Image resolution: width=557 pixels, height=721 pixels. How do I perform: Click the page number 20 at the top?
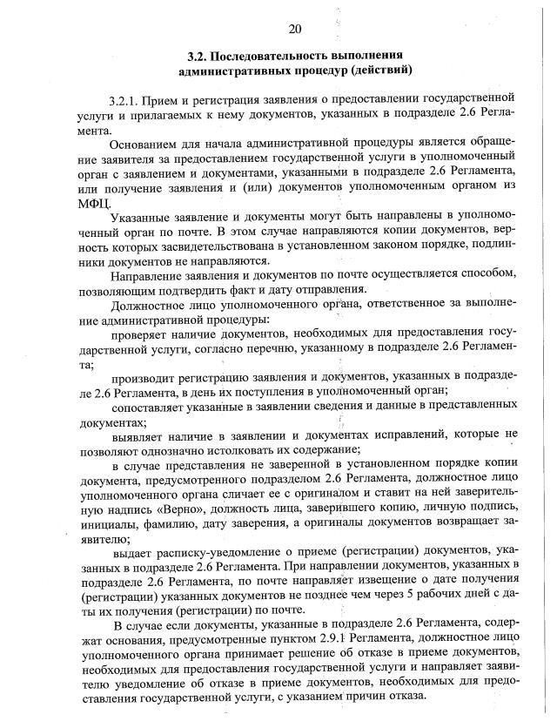294,30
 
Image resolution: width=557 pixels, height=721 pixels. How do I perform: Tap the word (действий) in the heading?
382,69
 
